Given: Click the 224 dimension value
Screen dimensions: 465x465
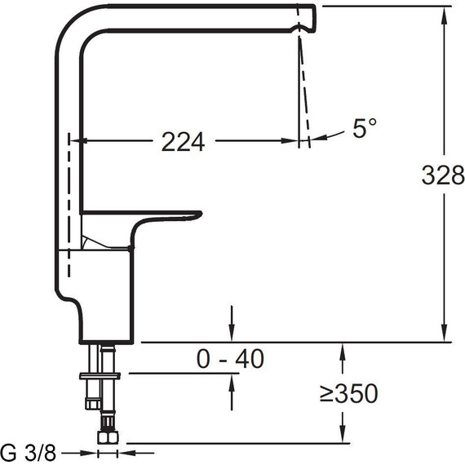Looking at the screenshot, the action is pyautogui.click(x=183, y=142).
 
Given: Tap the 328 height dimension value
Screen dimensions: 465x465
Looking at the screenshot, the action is pyautogui.click(x=443, y=175).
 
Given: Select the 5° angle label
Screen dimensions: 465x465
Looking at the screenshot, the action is pyautogui.click(x=365, y=128).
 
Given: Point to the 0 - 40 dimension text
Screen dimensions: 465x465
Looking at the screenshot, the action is pyautogui.click(x=230, y=358).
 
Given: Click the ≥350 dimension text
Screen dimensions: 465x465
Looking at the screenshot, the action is pyautogui.click(x=349, y=393).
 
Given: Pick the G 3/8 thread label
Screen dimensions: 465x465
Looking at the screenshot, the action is pyautogui.click(x=29, y=453).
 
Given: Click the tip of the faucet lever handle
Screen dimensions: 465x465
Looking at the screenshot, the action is pyautogui.click(x=200, y=214).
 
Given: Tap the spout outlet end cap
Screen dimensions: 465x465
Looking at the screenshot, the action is pyautogui.click(x=307, y=18).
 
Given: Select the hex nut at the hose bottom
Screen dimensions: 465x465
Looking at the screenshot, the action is pyautogui.click(x=108, y=437).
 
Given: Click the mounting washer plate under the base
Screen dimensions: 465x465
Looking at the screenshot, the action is pyautogui.click(x=100, y=376).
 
